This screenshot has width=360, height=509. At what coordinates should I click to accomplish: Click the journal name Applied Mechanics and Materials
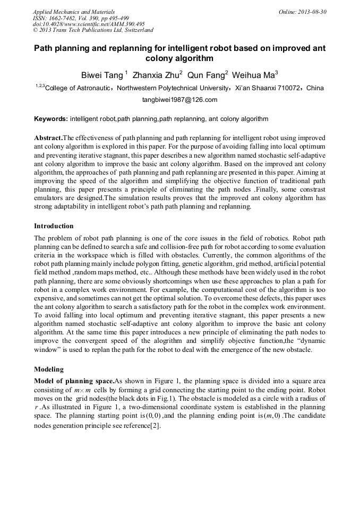point(73,11)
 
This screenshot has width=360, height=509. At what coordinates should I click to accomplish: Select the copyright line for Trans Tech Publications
point(93,30)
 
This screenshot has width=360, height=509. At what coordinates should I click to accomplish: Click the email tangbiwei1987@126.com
point(179,99)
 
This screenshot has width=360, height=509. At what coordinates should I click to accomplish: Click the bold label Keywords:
point(50,118)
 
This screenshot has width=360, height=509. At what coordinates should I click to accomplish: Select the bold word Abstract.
point(48,137)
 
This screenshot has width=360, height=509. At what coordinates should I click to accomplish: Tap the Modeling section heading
point(49,368)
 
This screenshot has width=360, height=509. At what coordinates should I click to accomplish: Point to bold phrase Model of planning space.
point(74,381)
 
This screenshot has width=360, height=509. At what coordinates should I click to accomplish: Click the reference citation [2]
point(155,426)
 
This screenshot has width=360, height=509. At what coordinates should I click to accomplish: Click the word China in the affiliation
point(315,88)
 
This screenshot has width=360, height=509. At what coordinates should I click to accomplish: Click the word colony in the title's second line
point(161,58)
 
